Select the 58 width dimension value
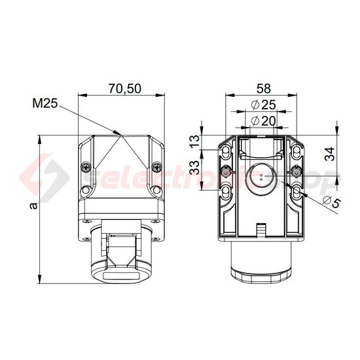[x=263, y=87]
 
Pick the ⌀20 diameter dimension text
[x=263, y=120]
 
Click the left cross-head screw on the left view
[x=85, y=167]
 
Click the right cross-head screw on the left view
[x=155, y=167]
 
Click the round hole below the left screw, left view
[x=86, y=192]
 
